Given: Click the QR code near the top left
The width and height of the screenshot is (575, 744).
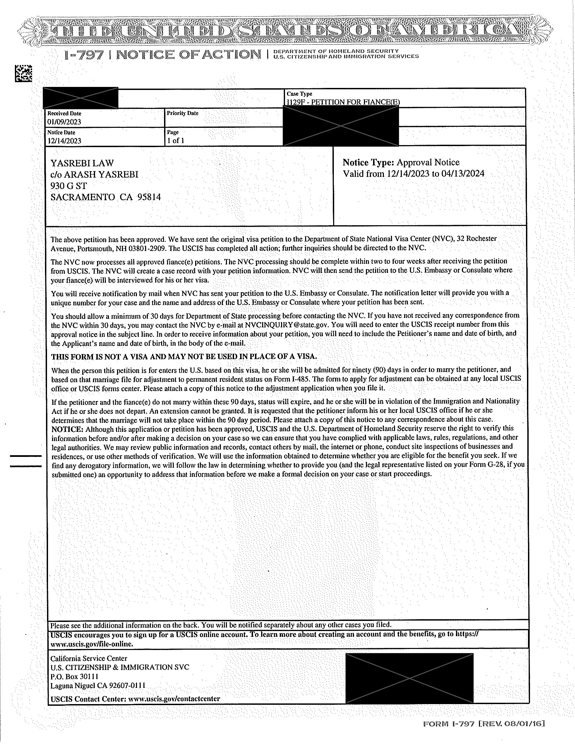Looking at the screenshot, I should click(23, 73).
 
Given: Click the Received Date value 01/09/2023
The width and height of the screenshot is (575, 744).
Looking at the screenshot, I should click(64, 122).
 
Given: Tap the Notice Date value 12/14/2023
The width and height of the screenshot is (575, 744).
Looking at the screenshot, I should click(64, 141).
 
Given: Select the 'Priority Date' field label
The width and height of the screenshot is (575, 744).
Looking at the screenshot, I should click(182, 113).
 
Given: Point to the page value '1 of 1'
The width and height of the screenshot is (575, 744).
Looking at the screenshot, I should click(176, 140).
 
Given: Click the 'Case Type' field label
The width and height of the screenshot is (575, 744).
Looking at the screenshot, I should click(299, 94).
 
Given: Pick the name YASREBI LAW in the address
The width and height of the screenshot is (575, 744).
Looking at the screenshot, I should click(82, 163).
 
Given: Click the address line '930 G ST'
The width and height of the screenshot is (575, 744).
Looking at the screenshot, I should click(68, 186).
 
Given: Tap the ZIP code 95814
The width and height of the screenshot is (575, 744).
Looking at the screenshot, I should click(149, 197).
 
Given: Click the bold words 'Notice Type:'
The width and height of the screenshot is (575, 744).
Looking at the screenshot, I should click(368, 162).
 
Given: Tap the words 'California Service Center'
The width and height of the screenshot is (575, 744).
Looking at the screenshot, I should click(89, 658).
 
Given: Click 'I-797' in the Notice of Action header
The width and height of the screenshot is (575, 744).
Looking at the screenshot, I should click(84, 55).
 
